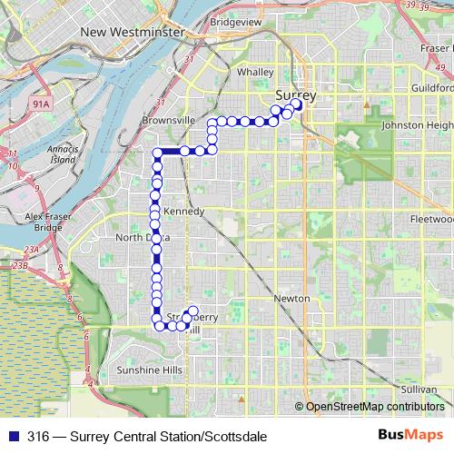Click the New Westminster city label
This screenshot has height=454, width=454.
(x=133, y=32)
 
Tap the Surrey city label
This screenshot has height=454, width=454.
(x=296, y=94)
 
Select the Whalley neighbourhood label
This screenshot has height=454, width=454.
(x=254, y=72)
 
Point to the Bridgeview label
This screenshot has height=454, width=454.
(x=235, y=20)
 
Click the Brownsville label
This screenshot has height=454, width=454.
(x=169, y=120)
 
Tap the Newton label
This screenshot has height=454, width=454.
(x=291, y=299)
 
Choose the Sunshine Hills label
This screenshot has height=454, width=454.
(x=150, y=370)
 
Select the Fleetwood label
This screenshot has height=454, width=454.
(x=430, y=220)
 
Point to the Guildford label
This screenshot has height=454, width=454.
(x=430, y=88)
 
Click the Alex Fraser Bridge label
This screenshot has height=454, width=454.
(x=44, y=222)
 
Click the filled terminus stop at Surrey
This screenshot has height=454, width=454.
(x=297, y=104)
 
